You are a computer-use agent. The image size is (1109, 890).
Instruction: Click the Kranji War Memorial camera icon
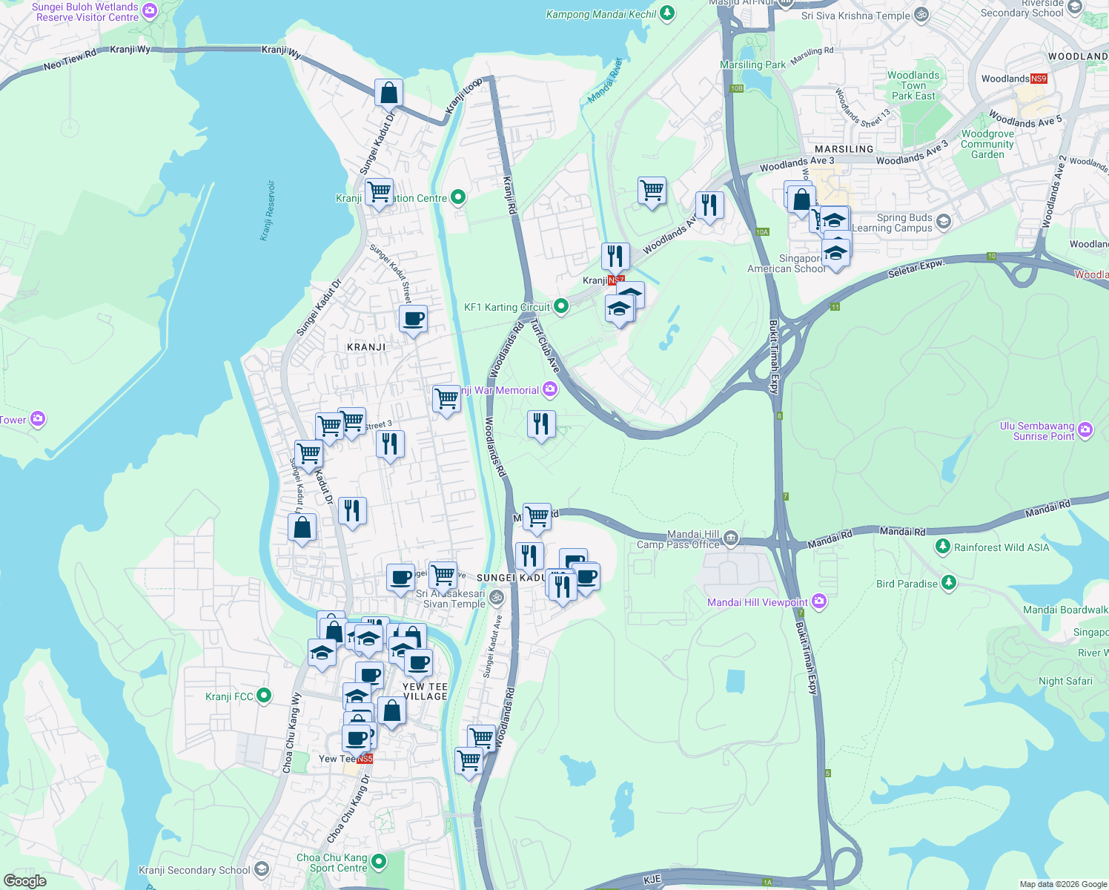click(550, 389)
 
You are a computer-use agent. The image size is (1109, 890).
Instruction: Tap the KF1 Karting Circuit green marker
click(561, 306)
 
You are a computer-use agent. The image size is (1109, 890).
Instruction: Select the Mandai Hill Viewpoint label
click(757, 602)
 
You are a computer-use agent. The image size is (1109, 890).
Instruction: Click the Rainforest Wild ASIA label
click(1001, 547)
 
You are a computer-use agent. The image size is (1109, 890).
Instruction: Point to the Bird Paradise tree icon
click(948, 583)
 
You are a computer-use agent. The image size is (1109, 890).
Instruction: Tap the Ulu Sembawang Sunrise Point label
click(1036, 431)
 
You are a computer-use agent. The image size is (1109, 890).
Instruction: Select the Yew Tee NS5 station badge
click(365, 759)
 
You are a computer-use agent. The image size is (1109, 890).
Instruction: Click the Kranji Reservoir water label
click(268, 211)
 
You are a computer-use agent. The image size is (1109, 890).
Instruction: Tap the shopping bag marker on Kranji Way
click(388, 94)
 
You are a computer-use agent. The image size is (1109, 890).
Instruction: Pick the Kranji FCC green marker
click(263, 696)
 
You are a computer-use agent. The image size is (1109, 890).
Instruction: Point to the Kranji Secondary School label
click(194, 870)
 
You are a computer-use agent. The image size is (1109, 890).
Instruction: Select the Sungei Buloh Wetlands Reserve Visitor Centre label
click(87, 12)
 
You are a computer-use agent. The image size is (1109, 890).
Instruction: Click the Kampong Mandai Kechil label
click(601, 14)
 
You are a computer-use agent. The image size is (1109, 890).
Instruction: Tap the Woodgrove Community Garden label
click(987, 145)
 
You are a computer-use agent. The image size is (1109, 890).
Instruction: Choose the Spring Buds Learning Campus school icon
click(943, 221)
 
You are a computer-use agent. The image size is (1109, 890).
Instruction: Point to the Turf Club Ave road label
click(546, 346)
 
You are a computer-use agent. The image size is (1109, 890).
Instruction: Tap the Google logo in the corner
click(25, 880)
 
